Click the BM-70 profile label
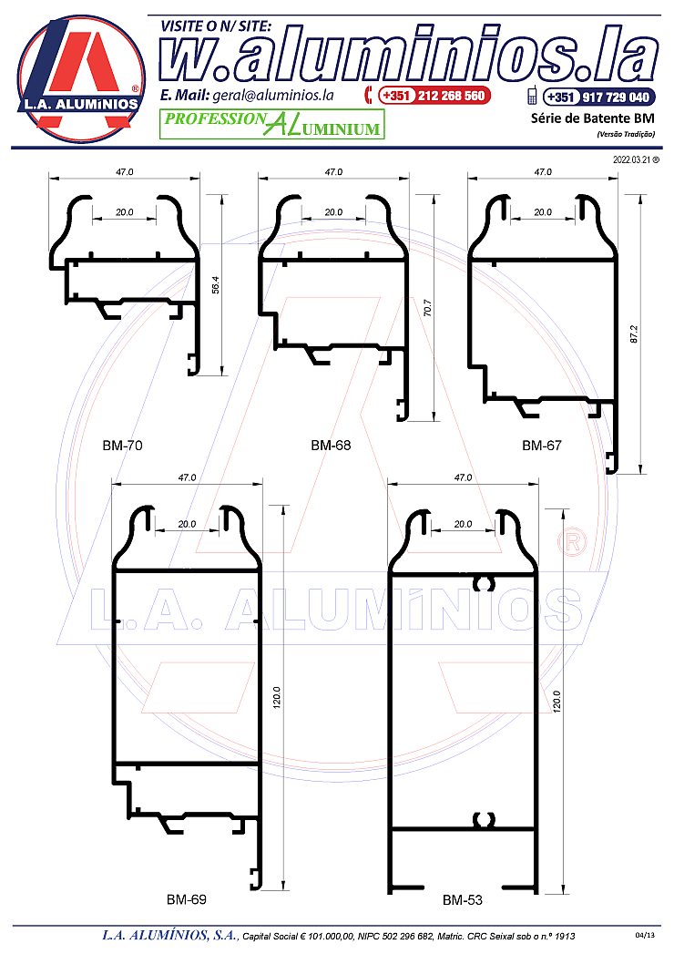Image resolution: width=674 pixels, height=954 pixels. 122,446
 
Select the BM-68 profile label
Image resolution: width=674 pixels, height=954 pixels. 331,446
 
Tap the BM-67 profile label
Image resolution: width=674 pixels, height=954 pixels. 541,446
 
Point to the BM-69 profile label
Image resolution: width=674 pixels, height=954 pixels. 186,899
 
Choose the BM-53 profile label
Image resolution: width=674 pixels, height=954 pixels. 463,900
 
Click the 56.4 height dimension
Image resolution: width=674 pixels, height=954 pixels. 215,285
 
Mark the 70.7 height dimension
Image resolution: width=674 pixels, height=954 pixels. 427,308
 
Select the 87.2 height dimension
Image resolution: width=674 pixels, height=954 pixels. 634,334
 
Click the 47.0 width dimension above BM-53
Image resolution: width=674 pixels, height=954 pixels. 463,477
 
